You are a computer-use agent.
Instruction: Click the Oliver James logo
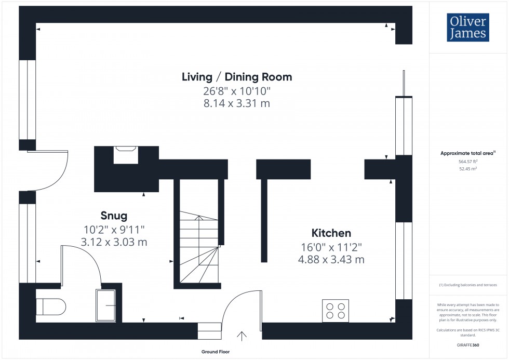tap(467, 28)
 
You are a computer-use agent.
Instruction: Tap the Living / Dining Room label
tap(237, 77)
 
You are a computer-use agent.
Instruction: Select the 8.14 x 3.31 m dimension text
tap(237, 103)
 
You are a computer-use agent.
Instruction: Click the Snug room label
tap(113, 215)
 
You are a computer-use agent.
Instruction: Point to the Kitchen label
tap(331, 233)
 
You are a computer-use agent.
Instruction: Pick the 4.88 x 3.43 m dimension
tap(331, 259)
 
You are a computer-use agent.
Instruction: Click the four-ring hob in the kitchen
tap(335, 311)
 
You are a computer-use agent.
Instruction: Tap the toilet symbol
tap(50, 306)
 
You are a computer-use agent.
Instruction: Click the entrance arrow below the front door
tap(242, 337)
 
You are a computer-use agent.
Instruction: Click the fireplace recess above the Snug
tap(125, 154)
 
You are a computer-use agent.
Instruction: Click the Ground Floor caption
tap(216, 352)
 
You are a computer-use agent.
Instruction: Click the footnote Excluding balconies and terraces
tap(468, 285)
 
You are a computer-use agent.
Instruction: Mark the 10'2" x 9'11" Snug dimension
tap(113, 229)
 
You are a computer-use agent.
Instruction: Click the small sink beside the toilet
tap(106, 305)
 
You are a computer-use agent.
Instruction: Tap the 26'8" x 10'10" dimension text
tap(237, 90)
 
